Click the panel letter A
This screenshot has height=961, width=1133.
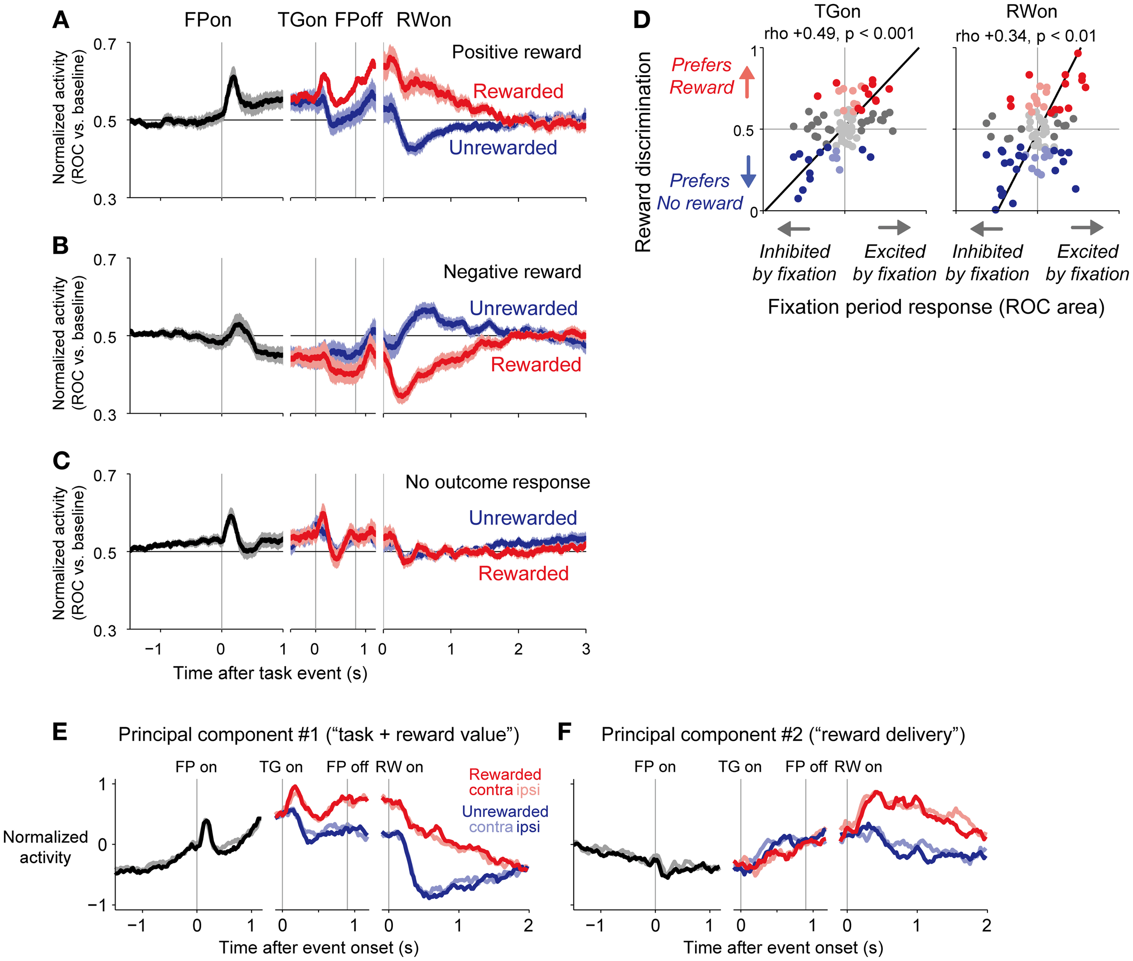(60, 21)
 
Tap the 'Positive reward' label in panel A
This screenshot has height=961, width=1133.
(516, 52)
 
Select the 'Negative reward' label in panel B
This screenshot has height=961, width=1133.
(512, 271)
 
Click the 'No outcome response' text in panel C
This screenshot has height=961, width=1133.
(497, 482)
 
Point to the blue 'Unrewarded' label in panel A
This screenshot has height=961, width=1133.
(503, 148)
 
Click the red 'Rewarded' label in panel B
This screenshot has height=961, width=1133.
(535, 364)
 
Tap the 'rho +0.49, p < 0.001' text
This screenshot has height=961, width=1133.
(839, 34)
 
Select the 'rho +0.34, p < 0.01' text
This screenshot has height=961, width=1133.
(1025, 36)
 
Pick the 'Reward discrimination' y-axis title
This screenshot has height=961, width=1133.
(644, 151)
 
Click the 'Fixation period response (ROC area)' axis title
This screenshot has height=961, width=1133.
(936, 307)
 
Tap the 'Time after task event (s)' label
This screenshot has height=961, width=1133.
(270, 673)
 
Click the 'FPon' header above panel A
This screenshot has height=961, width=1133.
(208, 20)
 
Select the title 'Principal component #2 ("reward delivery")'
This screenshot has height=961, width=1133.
(783, 735)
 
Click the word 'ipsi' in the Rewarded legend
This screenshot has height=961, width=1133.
(528, 790)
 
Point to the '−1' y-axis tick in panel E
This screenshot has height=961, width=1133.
(98, 905)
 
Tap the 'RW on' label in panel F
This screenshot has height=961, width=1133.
(857, 767)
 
